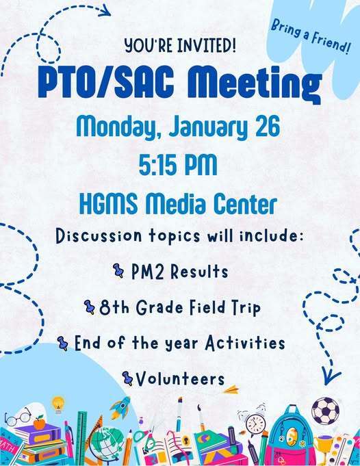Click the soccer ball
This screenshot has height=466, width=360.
tap(325, 411)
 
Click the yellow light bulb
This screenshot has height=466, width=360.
tap(58, 403)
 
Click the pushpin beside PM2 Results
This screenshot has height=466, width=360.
tap(118, 272)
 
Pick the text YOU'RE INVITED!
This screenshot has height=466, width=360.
tap(181, 46)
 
